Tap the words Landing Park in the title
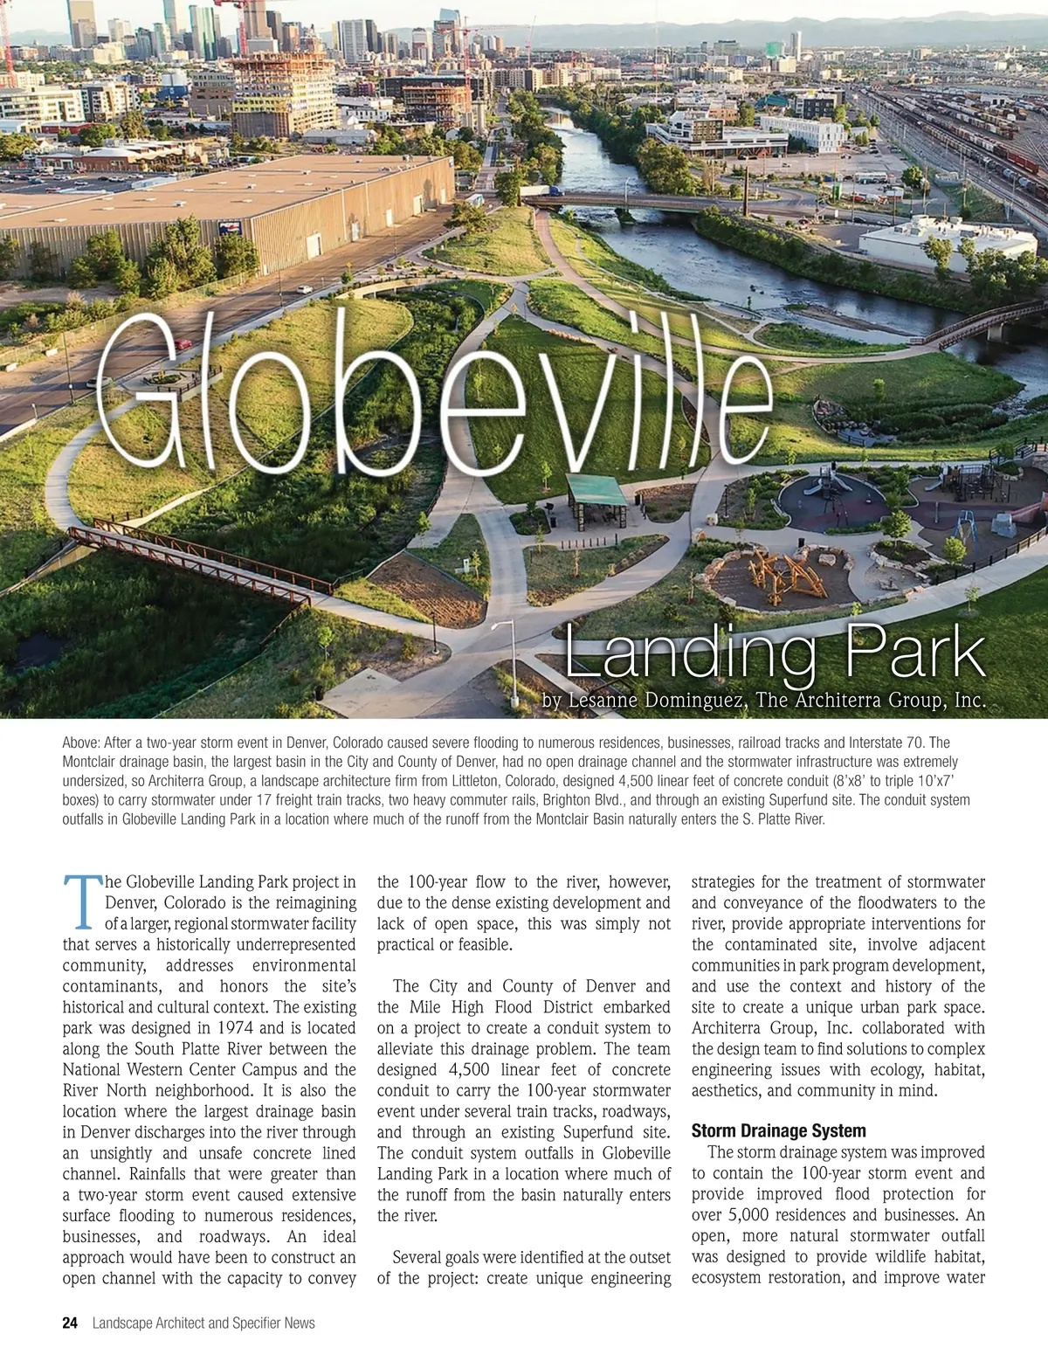(776, 654)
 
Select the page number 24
(70, 1323)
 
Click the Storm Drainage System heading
(767, 1131)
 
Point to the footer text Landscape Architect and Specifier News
(203, 1323)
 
